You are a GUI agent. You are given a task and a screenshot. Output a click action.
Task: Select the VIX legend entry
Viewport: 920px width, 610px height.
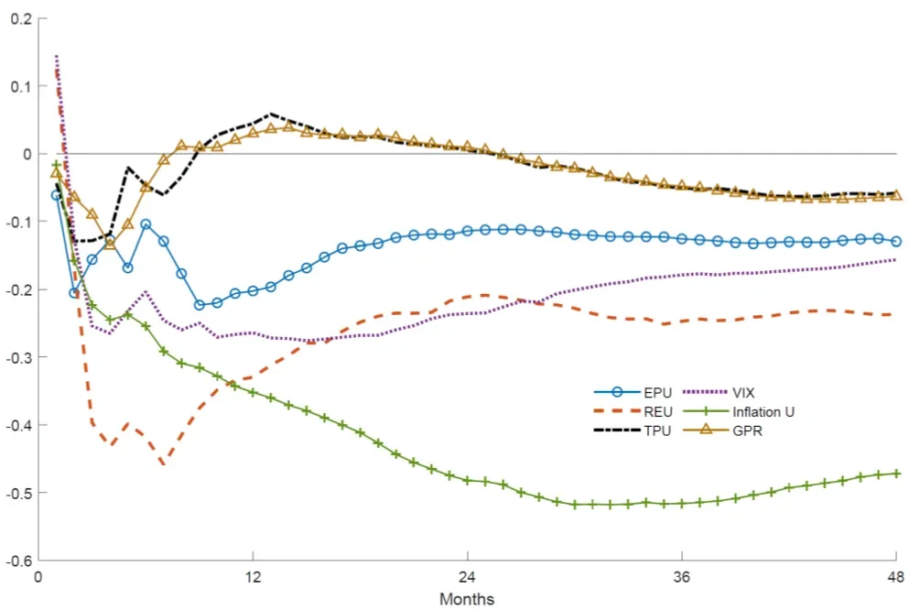click(x=743, y=393)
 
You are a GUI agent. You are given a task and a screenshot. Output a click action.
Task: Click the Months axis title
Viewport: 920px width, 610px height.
click(x=467, y=599)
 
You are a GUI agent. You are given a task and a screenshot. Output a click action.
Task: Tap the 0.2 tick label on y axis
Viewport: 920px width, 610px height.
click(x=18, y=18)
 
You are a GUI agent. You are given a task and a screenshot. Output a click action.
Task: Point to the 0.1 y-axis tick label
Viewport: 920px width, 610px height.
click(x=18, y=86)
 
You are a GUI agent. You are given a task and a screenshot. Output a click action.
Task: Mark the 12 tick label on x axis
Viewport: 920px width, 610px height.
click(x=253, y=579)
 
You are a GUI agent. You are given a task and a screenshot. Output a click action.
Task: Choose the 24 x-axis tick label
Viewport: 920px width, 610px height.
click(x=467, y=579)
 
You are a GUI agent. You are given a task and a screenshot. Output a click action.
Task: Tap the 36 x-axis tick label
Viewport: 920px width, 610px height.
click(x=681, y=579)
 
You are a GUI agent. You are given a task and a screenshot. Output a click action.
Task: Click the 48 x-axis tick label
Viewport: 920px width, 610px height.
click(x=895, y=579)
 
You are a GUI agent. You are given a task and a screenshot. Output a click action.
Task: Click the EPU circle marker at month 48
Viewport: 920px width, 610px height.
click(x=895, y=242)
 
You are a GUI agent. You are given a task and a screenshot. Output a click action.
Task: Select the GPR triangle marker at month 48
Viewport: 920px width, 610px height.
click(x=895, y=194)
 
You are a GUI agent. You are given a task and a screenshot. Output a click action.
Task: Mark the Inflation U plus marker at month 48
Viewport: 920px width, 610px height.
click(x=895, y=474)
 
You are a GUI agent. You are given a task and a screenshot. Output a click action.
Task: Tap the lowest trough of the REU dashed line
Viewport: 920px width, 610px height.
click(x=163, y=464)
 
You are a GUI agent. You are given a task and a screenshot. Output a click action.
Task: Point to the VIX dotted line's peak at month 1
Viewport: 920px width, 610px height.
click(x=57, y=57)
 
